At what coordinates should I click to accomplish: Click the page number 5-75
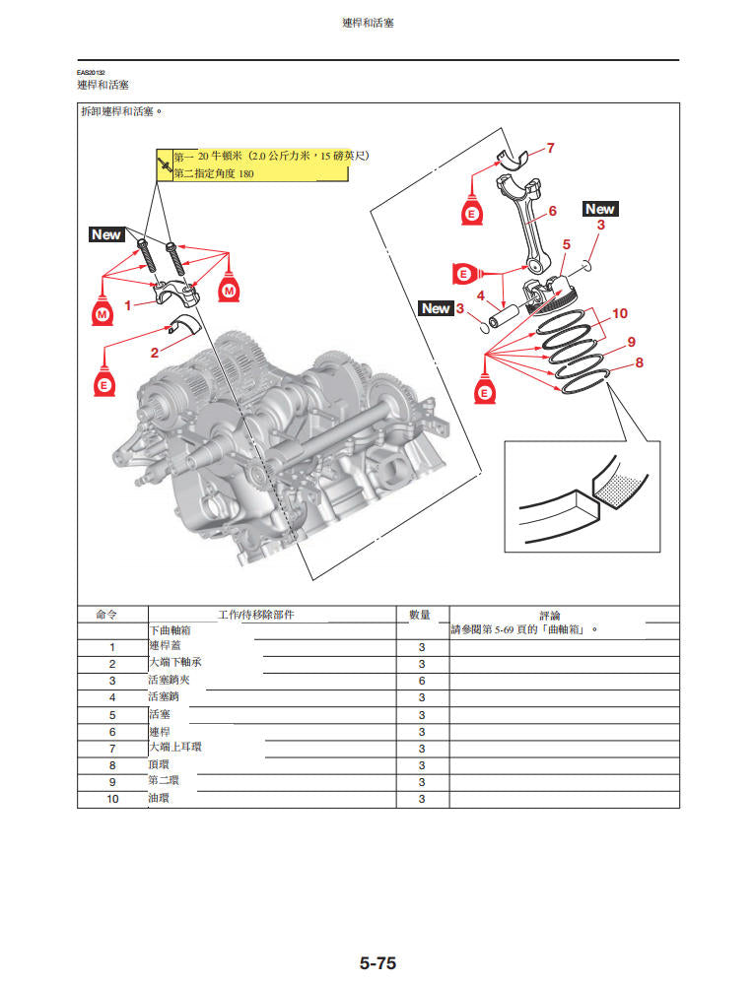(377, 963)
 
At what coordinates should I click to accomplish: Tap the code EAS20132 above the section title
(92, 73)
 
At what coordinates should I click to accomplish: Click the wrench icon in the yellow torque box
(164, 165)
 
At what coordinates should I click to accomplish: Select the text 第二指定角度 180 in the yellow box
(214, 174)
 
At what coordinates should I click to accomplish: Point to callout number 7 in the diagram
(550, 149)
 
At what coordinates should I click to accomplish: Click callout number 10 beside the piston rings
(620, 313)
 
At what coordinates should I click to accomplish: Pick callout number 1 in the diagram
(126, 305)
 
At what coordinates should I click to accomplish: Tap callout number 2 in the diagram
(154, 352)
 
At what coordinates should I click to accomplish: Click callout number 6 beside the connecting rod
(552, 211)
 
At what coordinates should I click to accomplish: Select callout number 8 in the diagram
(639, 362)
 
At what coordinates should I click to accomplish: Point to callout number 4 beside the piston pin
(480, 295)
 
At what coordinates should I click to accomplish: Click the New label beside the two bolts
(105, 234)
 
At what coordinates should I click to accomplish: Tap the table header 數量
(421, 614)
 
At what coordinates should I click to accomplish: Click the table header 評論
(550, 615)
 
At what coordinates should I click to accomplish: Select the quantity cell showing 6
(422, 681)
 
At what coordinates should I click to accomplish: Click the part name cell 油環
(159, 799)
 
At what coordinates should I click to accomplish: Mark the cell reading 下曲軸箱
(170, 629)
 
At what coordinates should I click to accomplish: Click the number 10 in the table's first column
(112, 799)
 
